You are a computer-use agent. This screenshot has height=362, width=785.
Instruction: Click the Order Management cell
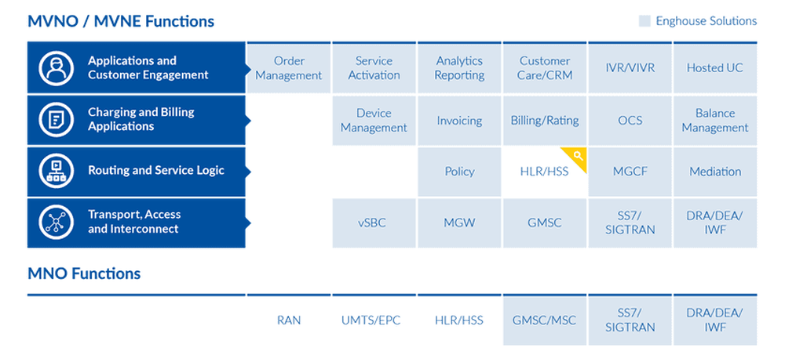288,68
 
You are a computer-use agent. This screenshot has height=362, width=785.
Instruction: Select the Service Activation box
374,68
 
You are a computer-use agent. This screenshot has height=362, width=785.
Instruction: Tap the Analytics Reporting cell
459,68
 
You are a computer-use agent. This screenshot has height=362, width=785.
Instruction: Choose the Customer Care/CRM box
544,68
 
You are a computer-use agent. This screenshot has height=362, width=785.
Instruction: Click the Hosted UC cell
714,68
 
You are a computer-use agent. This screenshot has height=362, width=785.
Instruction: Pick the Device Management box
374,120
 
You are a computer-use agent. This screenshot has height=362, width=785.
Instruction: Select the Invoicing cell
459,121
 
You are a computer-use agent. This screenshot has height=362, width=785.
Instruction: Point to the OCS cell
630,121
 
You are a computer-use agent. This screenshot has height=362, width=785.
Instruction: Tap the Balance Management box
714,120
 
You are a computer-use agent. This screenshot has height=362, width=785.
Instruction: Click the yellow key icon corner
577,157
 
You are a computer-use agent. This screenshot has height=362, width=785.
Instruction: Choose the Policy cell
459,172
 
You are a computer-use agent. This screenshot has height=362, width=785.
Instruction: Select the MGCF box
630,172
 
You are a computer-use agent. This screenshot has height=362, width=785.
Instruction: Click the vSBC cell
374,223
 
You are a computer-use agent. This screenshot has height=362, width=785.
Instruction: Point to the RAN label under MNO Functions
289,320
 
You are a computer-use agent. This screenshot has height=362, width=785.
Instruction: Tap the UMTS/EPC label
374,320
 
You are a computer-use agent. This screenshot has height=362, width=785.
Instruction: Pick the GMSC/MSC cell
544,320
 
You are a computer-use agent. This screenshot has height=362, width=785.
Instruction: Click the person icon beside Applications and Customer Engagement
57,68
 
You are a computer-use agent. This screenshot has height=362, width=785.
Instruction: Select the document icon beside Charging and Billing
57,120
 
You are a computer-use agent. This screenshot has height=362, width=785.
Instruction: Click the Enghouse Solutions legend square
644,21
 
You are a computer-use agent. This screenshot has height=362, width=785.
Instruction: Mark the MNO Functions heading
84,273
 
